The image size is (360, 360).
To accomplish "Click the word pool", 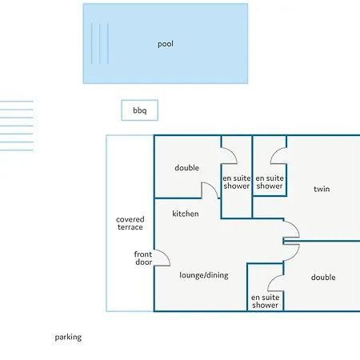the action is point(166,44).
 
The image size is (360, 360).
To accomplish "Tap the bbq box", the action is point(139,110).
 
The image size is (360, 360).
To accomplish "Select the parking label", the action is point(68,338).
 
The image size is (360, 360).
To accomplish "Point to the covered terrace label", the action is point(130,223).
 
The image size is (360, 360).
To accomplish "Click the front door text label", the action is point(143,258).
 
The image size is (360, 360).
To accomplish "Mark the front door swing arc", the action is point(166,255).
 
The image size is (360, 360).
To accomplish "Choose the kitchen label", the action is point(186,214).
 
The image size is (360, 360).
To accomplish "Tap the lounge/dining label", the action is point(204,275).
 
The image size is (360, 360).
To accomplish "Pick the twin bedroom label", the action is point(322,189).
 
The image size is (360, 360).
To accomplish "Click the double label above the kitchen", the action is point(186,168).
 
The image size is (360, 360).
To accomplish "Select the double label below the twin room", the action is point(323,278).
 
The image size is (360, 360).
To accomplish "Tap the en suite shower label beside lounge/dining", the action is point(265,301).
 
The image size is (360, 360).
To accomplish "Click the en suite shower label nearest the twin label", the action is point(270,182).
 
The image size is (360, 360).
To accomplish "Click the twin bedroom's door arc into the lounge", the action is point(295,226).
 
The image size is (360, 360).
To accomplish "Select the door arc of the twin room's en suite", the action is point(274,152).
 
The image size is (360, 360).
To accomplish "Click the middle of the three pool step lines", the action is point(100,44).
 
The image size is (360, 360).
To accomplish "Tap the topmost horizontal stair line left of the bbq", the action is point(17,102).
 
